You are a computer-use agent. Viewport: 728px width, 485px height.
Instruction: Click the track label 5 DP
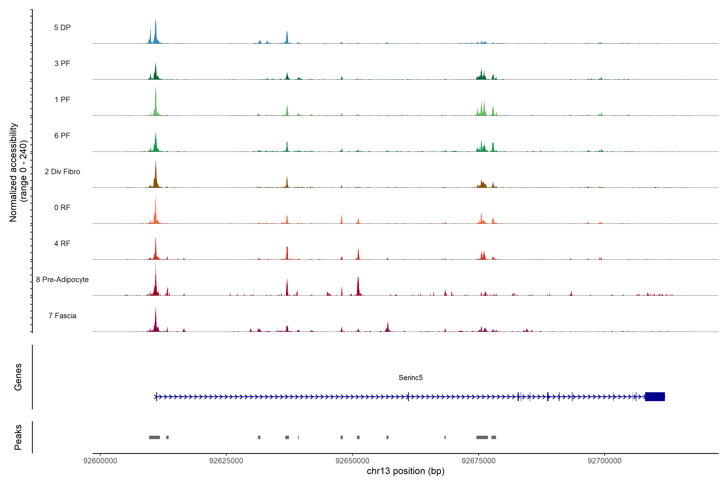pyautogui.click(x=62, y=27)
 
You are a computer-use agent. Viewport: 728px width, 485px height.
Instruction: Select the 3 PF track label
pyautogui.click(x=62, y=63)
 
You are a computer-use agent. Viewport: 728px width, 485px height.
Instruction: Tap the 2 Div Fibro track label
pyautogui.click(x=62, y=172)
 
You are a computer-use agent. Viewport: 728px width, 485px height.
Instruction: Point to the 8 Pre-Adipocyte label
pyautogui.click(x=62, y=280)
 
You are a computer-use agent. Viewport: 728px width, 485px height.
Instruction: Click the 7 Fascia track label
pyautogui.click(x=62, y=316)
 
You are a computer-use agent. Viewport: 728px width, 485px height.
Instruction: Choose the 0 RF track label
pyautogui.click(x=62, y=208)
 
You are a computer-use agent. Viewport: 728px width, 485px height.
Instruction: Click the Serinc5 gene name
pyautogui.click(x=411, y=378)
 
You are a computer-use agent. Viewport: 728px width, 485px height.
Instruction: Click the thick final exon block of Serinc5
pyautogui.click(x=655, y=396)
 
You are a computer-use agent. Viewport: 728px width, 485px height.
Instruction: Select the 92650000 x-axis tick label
pyautogui.click(x=352, y=461)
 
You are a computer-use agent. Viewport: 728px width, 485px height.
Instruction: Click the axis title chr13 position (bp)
pyautogui.click(x=405, y=471)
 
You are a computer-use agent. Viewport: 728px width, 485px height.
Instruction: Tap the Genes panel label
pyautogui.click(x=18, y=377)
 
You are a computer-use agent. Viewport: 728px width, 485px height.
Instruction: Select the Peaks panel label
pyautogui.click(x=18, y=437)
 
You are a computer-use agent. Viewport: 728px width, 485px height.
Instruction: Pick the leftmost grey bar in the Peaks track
pyautogui.click(x=154, y=437)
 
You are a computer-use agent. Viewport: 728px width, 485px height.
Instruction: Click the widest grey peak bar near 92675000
pyautogui.click(x=482, y=437)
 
